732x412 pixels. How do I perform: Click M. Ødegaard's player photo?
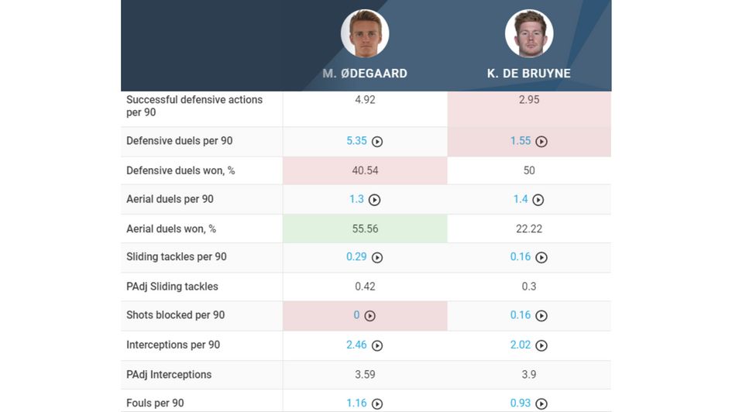(365, 33)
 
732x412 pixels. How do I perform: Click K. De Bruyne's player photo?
(529, 33)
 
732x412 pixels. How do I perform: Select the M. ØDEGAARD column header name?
(365, 74)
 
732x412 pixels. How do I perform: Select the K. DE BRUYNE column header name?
(529, 74)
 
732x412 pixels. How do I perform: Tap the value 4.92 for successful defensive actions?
(365, 100)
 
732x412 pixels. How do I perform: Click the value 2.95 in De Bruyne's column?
(529, 100)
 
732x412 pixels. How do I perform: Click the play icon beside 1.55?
(541, 142)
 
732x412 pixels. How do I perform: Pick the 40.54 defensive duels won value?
(365, 170)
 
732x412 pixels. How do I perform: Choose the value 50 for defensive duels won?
(529, 170)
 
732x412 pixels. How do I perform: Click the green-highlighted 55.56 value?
(365, 229)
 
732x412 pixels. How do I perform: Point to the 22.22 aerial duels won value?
(529, 229)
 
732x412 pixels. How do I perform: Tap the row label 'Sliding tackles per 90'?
(177, 257)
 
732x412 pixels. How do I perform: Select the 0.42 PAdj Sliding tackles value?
(365, 287)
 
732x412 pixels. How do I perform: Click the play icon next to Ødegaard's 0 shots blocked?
(370, 316)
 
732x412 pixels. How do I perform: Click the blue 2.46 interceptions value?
(356, 345)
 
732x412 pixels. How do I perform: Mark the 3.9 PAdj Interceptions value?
(529, 375)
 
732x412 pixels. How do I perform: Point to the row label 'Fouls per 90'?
(155, 403)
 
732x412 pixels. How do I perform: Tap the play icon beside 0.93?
(541, 403)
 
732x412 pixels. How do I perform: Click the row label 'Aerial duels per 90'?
(170, 199)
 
